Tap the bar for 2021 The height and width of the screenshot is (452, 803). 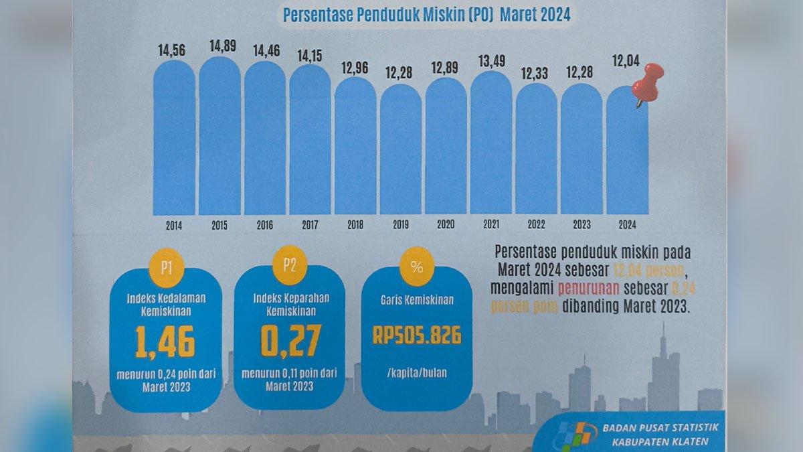(x=491, y=144)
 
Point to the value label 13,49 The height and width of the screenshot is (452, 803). (x=490, y=62)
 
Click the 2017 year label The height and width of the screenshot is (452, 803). (x=310, y=226)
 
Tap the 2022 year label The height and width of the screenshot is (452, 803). (x=536, y=226)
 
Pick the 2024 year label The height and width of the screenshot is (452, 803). (x=627, y=226)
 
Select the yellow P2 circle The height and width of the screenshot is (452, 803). (x=289, y=265)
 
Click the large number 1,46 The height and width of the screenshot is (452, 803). (x=165, y=342)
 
